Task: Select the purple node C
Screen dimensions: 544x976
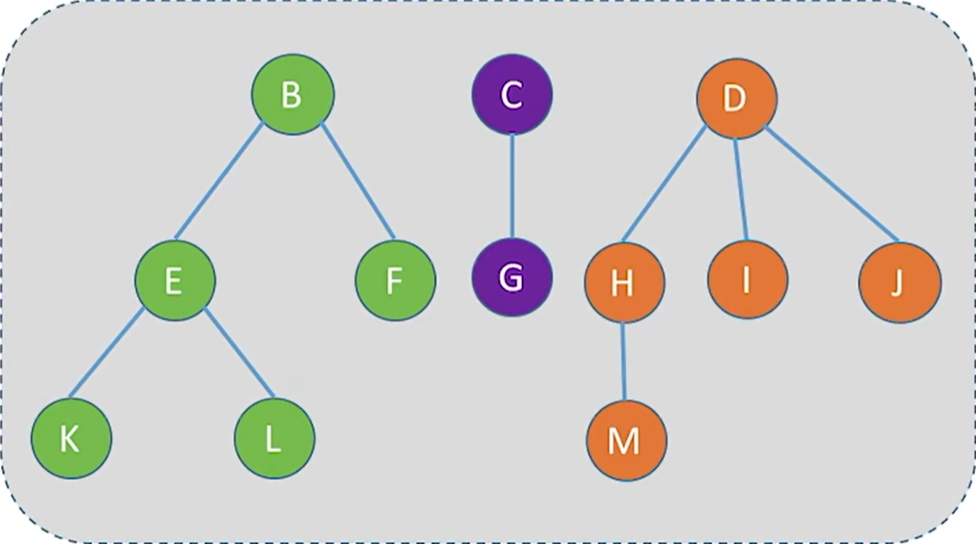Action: (512, 95)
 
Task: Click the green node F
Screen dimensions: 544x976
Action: (395, 280)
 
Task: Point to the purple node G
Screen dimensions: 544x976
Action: (512, 277)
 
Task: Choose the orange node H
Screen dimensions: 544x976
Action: (624, 283)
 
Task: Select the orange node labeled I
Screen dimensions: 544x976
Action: (747, 279)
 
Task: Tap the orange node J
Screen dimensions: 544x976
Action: (900, 282)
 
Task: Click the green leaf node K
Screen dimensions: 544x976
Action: (71, 440)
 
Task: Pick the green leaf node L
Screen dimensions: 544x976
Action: (274, 440)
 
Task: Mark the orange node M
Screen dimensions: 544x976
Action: (626, 440)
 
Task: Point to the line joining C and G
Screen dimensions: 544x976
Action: (512, 186)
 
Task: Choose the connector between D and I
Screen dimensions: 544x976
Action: (741, 189)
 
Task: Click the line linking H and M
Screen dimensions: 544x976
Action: (624, 361)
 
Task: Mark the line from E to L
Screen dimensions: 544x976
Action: (238, 353)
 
